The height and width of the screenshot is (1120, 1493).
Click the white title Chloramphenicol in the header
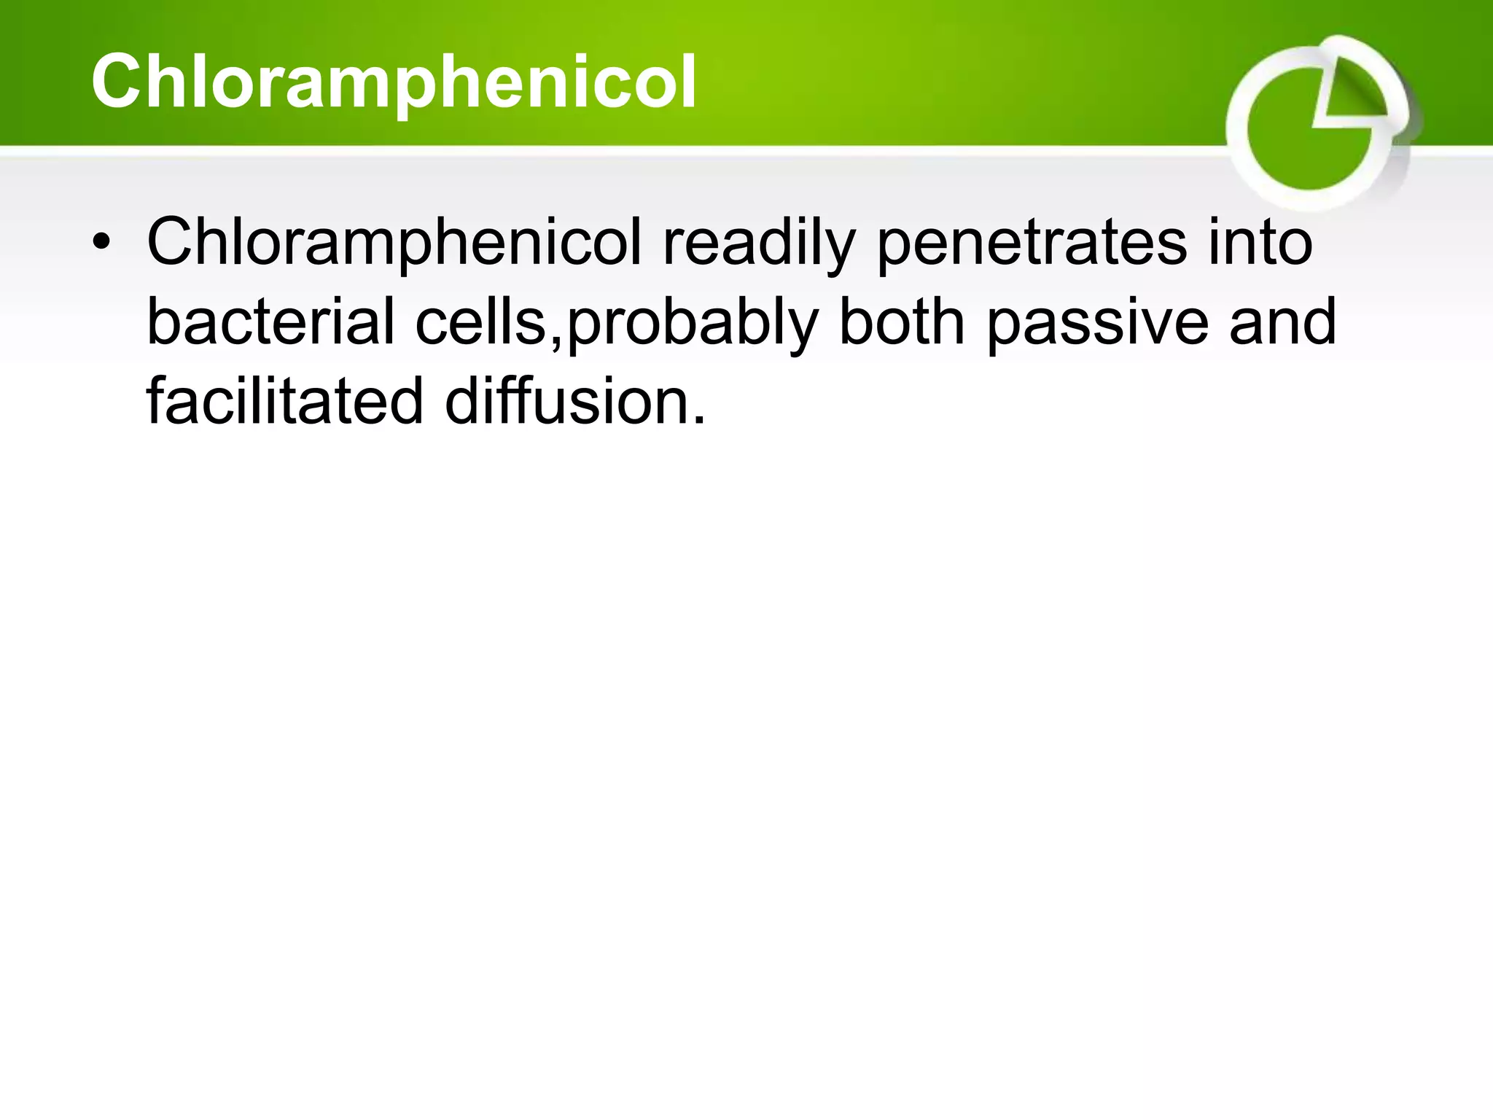pos(394,82)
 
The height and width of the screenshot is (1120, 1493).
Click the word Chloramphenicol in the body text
pos(394,243)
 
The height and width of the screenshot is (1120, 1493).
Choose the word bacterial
pos(270,322)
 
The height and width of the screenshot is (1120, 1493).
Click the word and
pos(1282,322)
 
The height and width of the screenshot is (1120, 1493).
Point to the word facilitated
pos(284,402)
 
